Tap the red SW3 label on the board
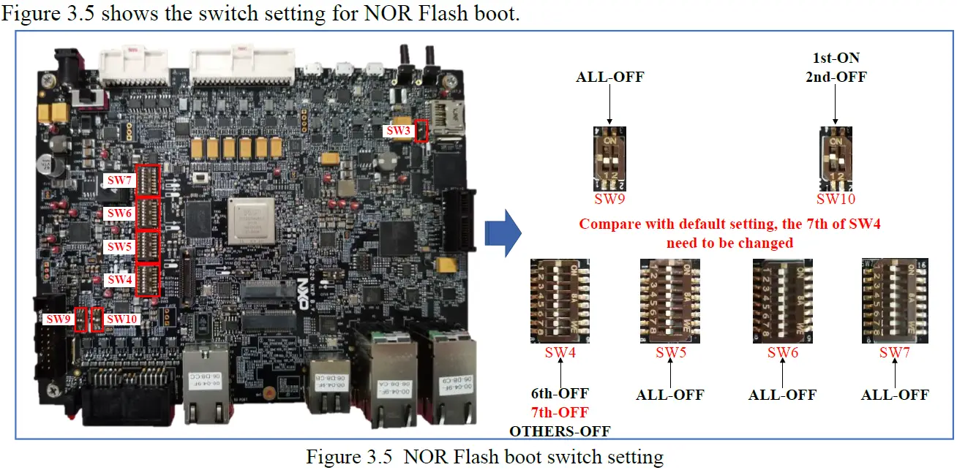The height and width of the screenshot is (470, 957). (399, 131)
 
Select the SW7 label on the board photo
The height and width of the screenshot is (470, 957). (119, 180)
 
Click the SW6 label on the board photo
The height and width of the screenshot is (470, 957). (119, 213)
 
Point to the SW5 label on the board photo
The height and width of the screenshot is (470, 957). (119, 247)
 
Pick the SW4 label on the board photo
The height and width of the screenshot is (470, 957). (119, 280)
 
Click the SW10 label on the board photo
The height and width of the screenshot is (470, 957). (121, 319)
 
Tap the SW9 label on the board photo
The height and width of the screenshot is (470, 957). (59, 319)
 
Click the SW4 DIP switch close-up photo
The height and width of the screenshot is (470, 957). (560, 300)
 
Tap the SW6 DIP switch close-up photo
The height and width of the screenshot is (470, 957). (782, 300)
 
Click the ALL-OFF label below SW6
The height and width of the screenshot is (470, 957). (782, 395)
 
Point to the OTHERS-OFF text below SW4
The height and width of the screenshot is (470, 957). (560, 431)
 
